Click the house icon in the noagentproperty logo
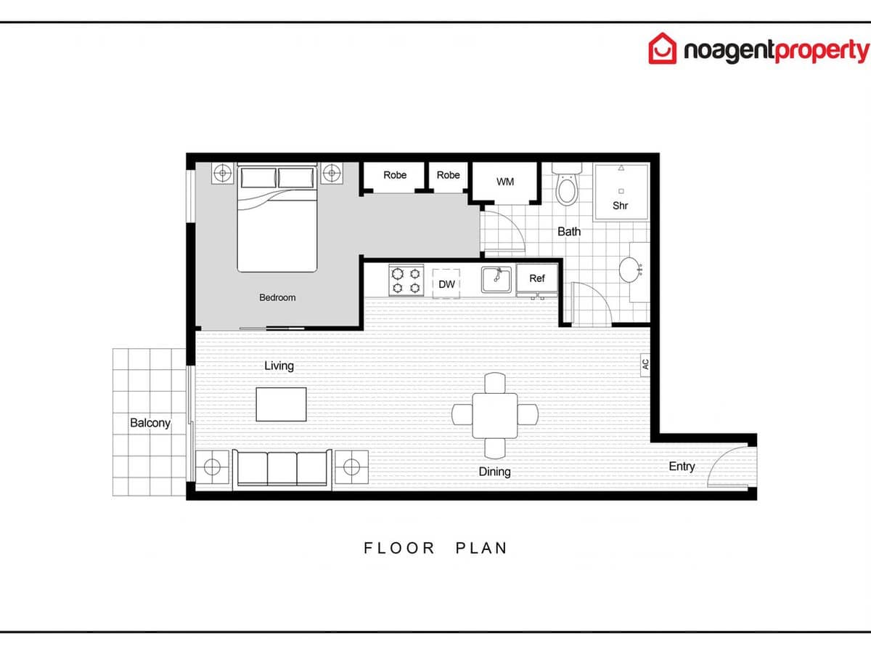pyautogui.click(x=662, y=49)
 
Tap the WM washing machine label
pyautogui.click(x=505, y=181)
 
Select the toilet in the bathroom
pyautogui.click(x=566, y=187)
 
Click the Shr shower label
pyautogui.click(x=620, y=206)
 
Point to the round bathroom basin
pyautogui.click(x=629, y=270)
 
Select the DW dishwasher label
pyautogui.click(x=446, y=284)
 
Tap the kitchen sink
pyautogui.click(x=496, y=279)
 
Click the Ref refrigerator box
pyautogui.click(x=537, y=278)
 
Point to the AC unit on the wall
pyautogui.click(x=645, y=366)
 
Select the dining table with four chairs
pyautogui.click(x=495, y=415)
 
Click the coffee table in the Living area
pyautogui.click(x=281, y=404)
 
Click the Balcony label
pyautogui.click(x=150, y=423)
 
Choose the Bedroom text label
pyautogui.click(x=277, y=297)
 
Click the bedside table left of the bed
pyautogui.click(x=223, y=173)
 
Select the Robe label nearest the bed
pyautogui.click(x=395, y=175)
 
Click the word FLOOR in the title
pyautogui.click(x=399, y=548)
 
